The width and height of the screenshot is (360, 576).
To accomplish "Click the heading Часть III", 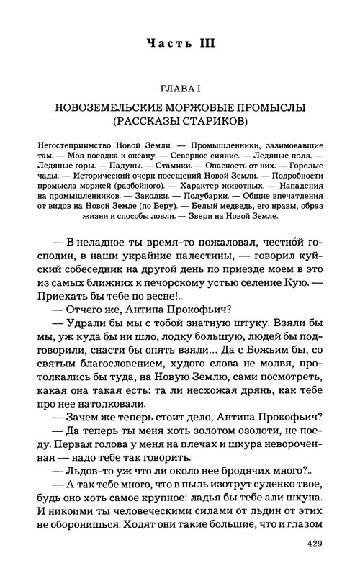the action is pos(179,44).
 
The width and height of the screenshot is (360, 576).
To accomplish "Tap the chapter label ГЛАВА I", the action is pos(180,88).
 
